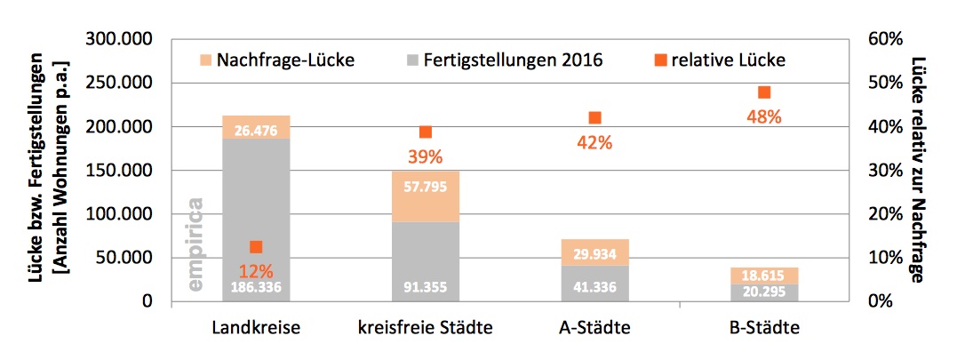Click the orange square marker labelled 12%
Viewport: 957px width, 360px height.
256,247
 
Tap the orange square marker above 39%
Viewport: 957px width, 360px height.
426,132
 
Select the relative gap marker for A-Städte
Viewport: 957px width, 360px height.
594,118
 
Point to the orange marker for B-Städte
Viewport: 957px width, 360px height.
764,92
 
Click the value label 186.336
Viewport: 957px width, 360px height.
256,287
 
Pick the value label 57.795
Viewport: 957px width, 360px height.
426,187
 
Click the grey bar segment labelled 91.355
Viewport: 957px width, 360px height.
426,262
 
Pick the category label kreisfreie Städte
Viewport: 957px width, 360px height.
426,328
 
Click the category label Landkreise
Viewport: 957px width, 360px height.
256,328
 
